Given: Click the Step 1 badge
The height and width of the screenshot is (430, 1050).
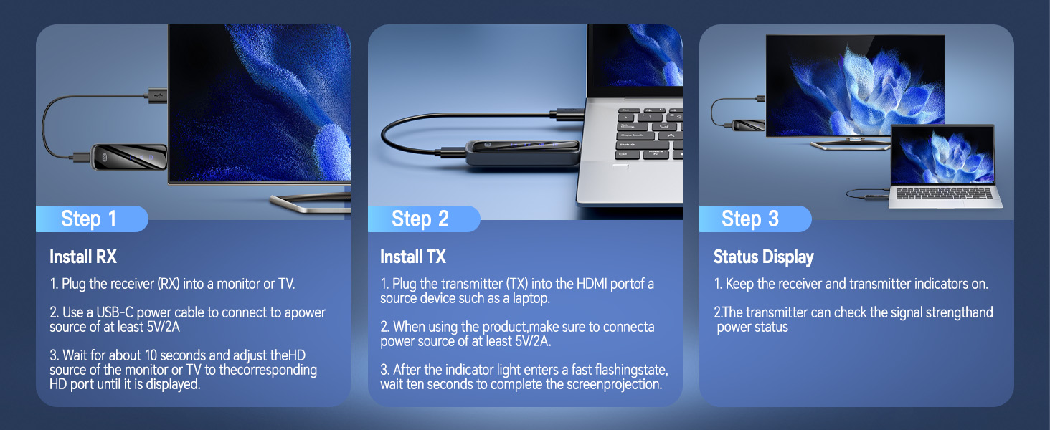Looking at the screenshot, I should coord(89,219).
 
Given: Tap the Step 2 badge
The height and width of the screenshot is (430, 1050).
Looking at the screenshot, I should coord(420,219).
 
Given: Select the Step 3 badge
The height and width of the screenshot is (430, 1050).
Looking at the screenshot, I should coord(750,219).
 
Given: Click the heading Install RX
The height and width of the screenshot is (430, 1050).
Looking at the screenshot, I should coord(82,257).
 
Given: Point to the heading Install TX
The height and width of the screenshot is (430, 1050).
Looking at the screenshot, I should coord(412,257).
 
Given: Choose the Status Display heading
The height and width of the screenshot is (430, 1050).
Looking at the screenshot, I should coord(763,257).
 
